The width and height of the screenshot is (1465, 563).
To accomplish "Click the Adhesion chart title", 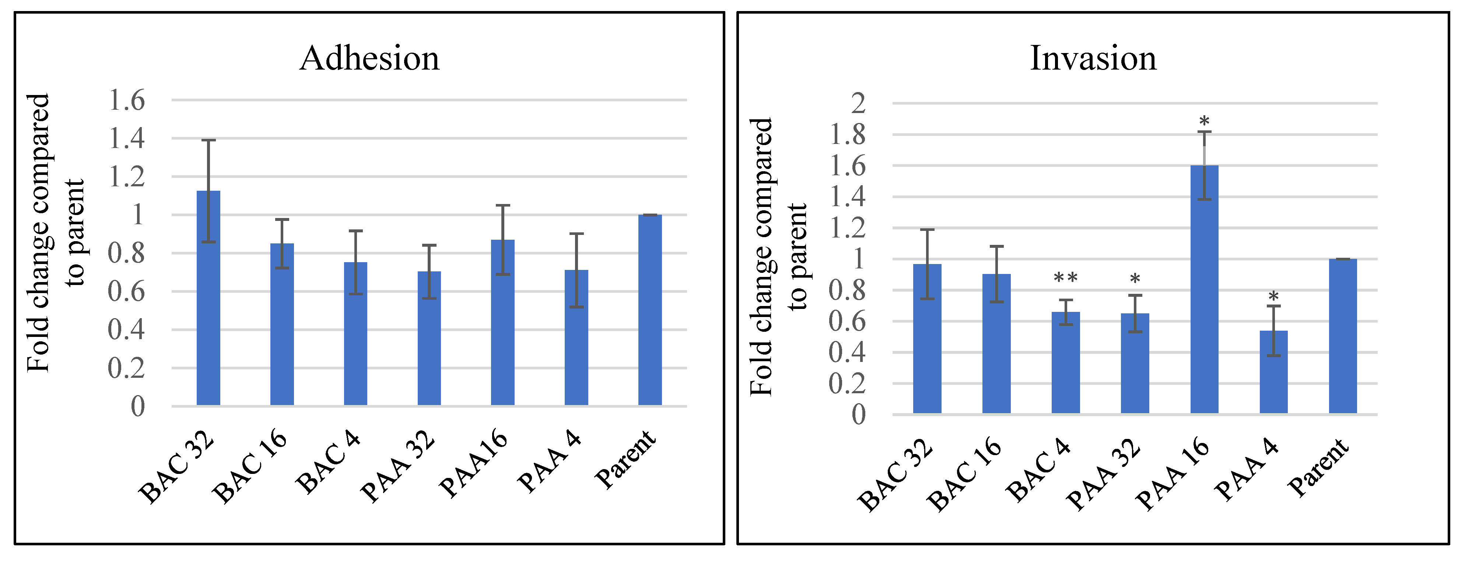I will (370, 59).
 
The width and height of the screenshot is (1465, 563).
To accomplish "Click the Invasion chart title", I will (1093, 59).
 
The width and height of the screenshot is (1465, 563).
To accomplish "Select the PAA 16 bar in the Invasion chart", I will (1204, 296).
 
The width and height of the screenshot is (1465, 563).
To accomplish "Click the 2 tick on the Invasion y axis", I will (858, 103).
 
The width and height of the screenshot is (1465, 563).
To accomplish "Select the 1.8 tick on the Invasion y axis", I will (847, 136).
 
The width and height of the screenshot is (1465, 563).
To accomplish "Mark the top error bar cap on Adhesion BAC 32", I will (208, 140).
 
